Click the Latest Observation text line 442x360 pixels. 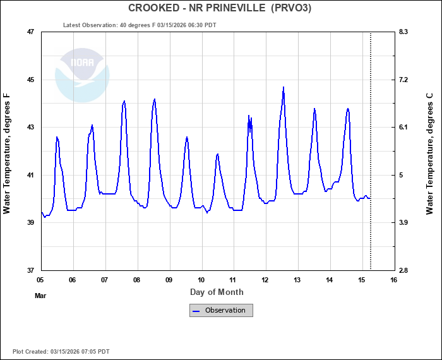[140, 25]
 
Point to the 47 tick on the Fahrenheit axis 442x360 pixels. [30, 32]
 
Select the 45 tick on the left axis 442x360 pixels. [30, 80]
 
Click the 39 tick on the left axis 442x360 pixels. [30, 222]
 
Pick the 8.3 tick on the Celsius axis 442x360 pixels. [403, 32]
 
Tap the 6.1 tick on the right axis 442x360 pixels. [403, 127]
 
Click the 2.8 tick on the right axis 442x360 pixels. [403, 270]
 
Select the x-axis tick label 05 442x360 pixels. [40, 280]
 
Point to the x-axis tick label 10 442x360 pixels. [201, 280]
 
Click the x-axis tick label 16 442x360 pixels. [394, 280]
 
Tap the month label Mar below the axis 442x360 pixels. [40, 295]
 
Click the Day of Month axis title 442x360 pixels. [217, 292]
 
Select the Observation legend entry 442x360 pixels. [221, 310]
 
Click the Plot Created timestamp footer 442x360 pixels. [61, 351]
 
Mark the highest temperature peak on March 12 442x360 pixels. [284, 88]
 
